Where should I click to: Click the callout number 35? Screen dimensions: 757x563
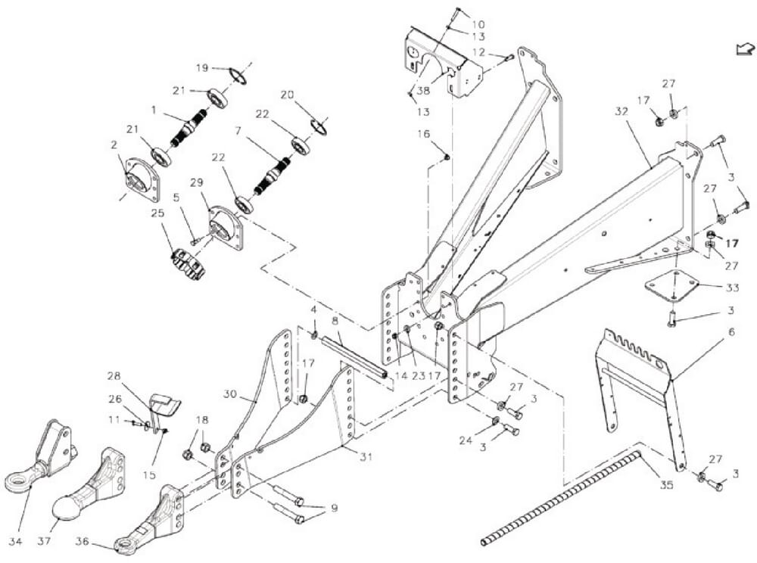click(x=666, y=485)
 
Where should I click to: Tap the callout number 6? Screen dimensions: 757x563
click(x=732, y=332)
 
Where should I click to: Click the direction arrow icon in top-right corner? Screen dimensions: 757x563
click(x=744, y=48)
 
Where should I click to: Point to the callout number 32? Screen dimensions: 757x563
click(x=621, y=111)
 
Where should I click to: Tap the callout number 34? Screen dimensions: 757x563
click(x=15, y=542)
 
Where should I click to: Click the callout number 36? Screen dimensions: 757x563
click(x=83, y=542)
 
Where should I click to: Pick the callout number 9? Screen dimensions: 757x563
click(x=333, y=508)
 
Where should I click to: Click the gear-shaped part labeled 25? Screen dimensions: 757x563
click(x=188, y=265)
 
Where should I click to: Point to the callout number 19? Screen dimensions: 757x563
click(x=202, y=68)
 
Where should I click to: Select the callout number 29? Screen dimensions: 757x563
click(x=197, y=183)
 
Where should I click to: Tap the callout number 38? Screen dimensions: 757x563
click(x=423, y=90)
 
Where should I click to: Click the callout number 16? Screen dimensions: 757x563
click(x=423, y=134)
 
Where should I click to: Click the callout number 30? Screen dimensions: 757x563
click(x=230, y=394)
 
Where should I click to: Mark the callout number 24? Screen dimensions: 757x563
click(x=466, y=440)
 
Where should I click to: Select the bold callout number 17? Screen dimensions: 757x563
click(x=732, y=244)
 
